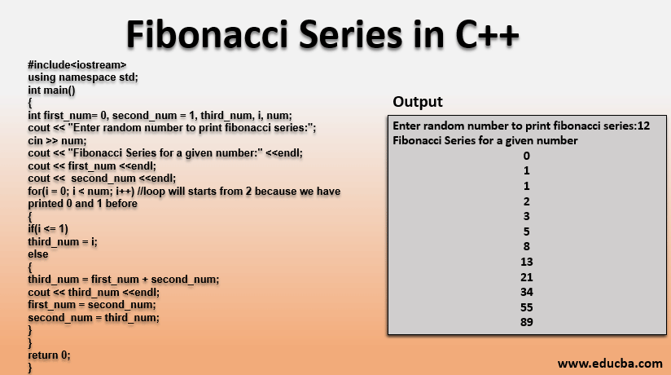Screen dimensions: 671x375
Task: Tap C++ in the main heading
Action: (487, 34)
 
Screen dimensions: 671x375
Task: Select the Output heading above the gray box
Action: (418, 102)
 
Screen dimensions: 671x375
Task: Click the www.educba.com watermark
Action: (610, 364)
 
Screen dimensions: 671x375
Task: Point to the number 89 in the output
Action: (527, 322)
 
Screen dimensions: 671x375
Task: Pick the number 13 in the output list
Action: (527, 262)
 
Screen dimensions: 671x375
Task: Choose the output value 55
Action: (527, 307)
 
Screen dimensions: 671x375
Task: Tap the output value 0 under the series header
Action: (527, 156)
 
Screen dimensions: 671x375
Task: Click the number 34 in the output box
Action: (527, 292)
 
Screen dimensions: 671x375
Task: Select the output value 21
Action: (527, 277)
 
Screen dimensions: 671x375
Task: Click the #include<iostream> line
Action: (77, 64)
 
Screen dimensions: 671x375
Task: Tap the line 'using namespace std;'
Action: (83, 77)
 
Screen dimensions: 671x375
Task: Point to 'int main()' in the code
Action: (51, 90)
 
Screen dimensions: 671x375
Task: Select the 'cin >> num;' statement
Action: (57, 140)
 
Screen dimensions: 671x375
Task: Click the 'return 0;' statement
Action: (49, 355)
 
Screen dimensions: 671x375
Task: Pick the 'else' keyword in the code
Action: (38, 254)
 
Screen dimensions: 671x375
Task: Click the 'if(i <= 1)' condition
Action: (48, 229)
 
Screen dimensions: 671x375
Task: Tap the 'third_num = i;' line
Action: (63, 242)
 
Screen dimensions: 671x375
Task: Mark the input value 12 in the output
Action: (643, 126)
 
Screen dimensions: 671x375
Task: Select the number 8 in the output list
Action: (527, 246)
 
